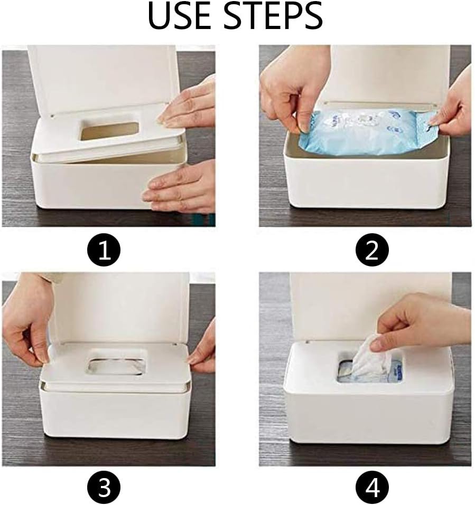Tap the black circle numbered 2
372,250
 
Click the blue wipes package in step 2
365,132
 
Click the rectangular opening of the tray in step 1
109,130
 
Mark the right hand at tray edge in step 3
203,348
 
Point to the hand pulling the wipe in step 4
417,322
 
